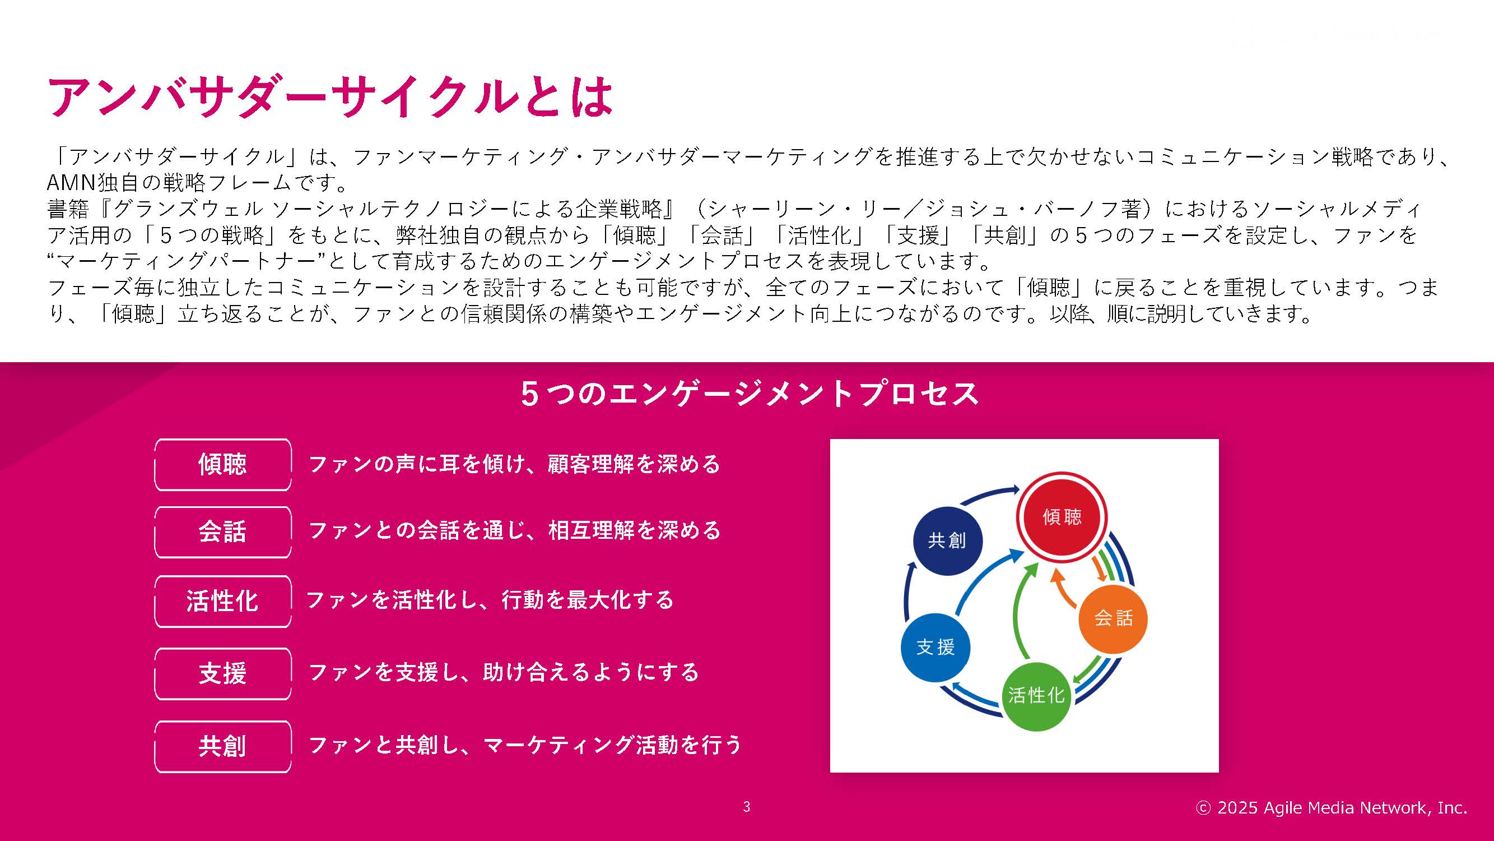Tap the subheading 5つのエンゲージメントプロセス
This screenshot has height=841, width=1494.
coord(750,394)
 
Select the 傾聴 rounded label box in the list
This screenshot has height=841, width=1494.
coord(223,464)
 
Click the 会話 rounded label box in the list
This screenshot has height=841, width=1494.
coord(223,532)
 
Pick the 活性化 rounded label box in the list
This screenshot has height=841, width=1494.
coord(223,601)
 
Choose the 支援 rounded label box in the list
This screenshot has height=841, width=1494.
coord(223,673)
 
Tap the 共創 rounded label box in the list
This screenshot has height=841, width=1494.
coord(223,746)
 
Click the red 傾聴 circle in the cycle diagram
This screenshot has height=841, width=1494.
coord(1062,516)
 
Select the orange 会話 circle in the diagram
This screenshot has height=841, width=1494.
coord(1113,618)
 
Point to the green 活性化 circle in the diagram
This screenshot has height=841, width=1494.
coord(1036,695)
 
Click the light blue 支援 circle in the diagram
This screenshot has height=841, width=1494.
coord(936,647)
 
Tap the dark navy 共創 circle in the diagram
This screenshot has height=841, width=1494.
coord(947,540)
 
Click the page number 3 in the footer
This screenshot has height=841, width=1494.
coord(746,807)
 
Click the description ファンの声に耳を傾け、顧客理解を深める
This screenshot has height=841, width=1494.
coord(514,464)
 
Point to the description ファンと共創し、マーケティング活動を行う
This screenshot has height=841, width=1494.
coord(525,745)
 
